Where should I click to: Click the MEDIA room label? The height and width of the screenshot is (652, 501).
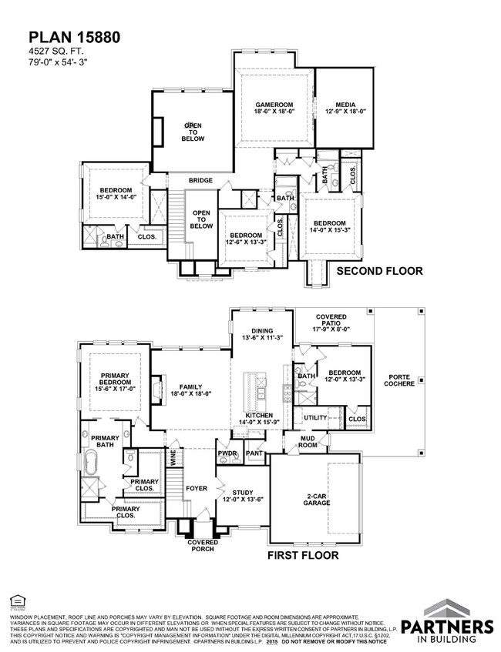coord(344,108)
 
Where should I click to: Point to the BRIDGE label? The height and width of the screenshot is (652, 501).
coord(200,181)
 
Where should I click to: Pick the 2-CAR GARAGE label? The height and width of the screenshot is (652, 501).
coord(316,498)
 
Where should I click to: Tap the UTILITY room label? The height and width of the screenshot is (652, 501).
coord(315,416)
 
